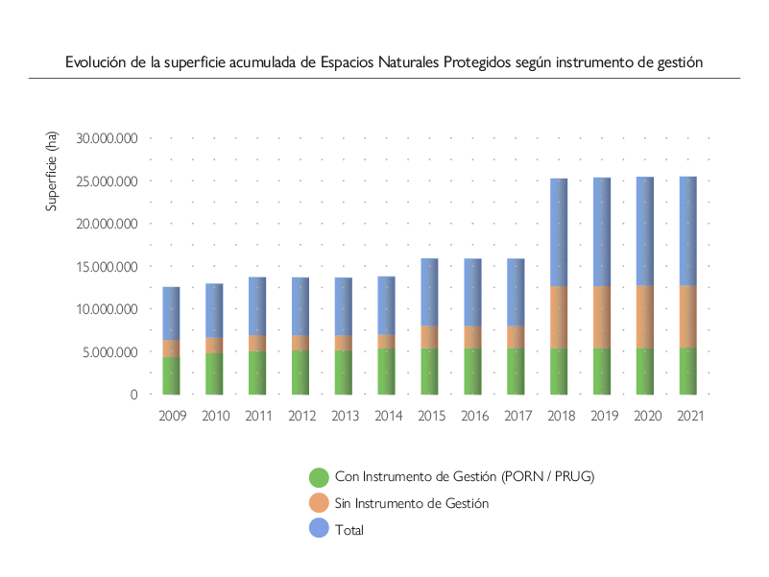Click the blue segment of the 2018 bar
559,232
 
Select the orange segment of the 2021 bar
688,316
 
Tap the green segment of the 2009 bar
171,375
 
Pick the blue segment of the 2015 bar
429,292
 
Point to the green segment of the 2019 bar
602,371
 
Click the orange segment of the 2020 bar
645,317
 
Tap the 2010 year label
214,417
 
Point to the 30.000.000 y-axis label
108,138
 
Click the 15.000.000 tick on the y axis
108,267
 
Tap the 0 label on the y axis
135,395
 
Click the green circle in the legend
319,477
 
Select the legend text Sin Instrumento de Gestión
411,503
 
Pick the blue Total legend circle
319,529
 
